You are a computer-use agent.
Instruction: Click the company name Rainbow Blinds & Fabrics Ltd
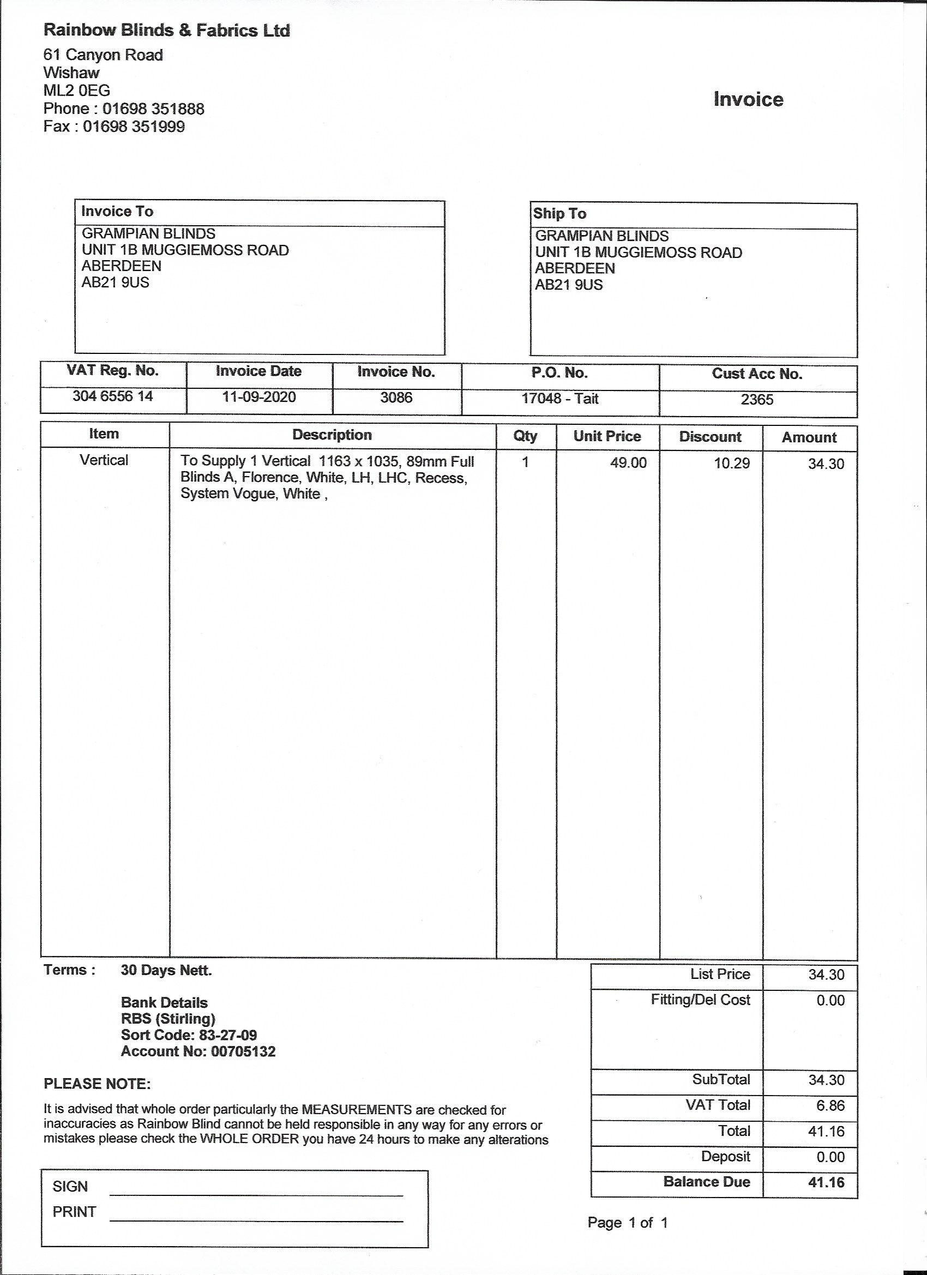(166, 31)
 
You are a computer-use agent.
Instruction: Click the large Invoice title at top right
(748, 99)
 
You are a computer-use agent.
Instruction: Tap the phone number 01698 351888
(153, 109)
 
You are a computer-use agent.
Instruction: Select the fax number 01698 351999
(134, 127)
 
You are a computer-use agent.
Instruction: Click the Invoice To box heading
(117, 212)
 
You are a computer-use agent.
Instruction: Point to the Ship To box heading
(559, 214)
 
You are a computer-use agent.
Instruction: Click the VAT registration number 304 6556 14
(112, 396)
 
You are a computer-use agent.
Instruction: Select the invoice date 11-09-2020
(258, 397)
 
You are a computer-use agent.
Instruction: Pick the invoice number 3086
(396, 398)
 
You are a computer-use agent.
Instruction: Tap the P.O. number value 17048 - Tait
(560, 399)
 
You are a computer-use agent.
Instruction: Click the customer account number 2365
(757, 400)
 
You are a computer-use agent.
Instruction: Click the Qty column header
(525, 436)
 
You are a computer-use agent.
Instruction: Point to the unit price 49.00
(628, 462)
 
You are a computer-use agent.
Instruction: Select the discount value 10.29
(731, 463)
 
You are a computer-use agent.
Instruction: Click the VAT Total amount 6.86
(830, 1105)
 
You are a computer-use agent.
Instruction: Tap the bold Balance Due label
(707, 1182)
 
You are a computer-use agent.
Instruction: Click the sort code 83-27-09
(228, 1035)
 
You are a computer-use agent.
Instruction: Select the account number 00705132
(243, 1051)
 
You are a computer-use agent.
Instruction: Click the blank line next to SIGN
(256, 1194)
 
